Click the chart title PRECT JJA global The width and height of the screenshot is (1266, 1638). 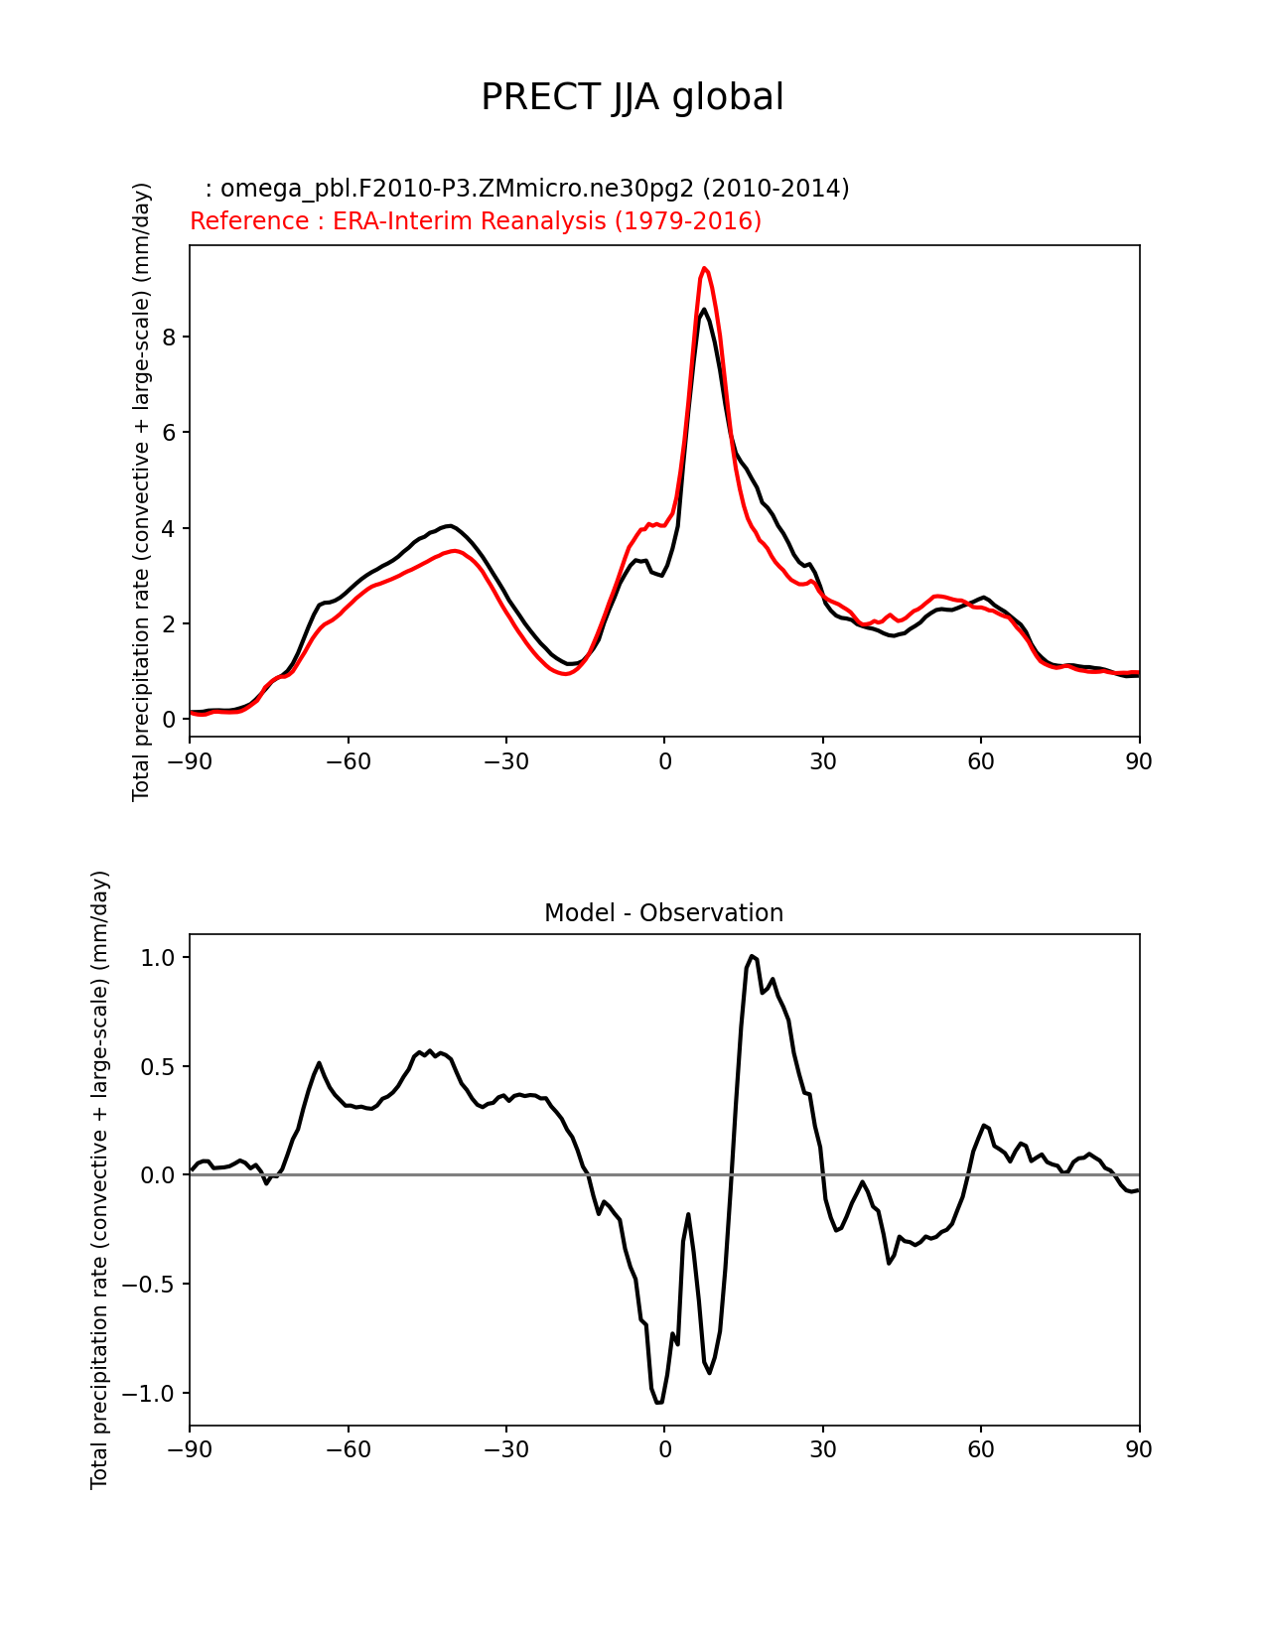(633, 97)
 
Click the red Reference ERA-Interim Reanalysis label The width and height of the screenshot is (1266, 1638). (476, 221)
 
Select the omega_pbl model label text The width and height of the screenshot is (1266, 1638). (526, 189)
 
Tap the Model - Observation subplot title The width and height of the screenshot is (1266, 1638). (663, 913)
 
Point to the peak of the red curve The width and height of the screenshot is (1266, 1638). (704, 268)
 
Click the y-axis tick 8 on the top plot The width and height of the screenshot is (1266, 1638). (169, 338)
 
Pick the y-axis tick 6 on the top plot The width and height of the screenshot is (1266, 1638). (169, 433)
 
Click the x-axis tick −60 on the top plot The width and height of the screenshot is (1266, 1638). (348, 761)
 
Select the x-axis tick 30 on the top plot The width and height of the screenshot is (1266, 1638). (822, 761)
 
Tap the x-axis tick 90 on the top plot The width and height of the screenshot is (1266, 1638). (1139, 761)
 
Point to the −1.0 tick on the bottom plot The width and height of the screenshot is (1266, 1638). (150, 1394)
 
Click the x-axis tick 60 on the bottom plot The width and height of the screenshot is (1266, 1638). (981, 1450)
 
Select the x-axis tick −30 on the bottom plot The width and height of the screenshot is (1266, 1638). (505, 1450)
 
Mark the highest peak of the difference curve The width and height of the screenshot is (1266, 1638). (753, 956)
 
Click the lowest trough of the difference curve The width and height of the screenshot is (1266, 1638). (658, 1403)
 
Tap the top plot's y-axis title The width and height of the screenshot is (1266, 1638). (142, 491)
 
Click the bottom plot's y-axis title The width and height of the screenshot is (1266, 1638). (99, 1179)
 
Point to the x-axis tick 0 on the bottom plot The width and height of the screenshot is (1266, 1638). (664, 1450)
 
